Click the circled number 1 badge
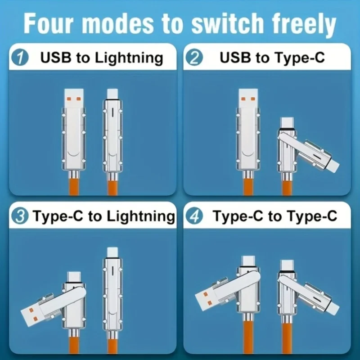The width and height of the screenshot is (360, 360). pos(21,58)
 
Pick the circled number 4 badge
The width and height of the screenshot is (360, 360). pos(197,216)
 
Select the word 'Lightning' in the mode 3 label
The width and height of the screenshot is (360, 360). pos(140,216)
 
